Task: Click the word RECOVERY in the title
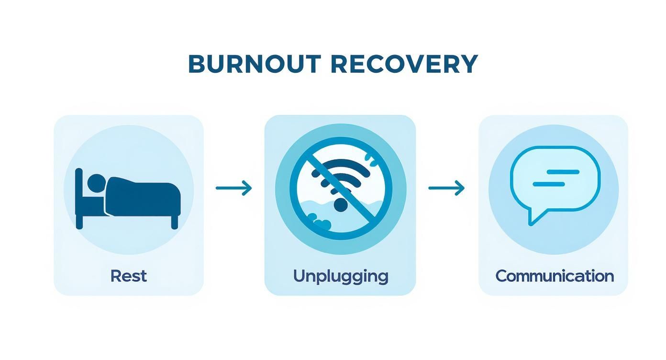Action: point(404,64)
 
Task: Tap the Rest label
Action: point(128,276)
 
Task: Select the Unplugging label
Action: point(340,276)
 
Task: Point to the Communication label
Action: point(554,276)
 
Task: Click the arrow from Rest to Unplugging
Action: point(233,188)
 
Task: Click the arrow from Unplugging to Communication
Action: point(446,188)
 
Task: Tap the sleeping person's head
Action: point(97,182)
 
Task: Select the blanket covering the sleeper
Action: point(144,196)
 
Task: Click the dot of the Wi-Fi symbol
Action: point(340,205)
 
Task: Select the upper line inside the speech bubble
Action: point(563,172)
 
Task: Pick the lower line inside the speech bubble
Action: point(549,184)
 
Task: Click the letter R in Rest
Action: point(115,276)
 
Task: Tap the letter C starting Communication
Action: point(501,276)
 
